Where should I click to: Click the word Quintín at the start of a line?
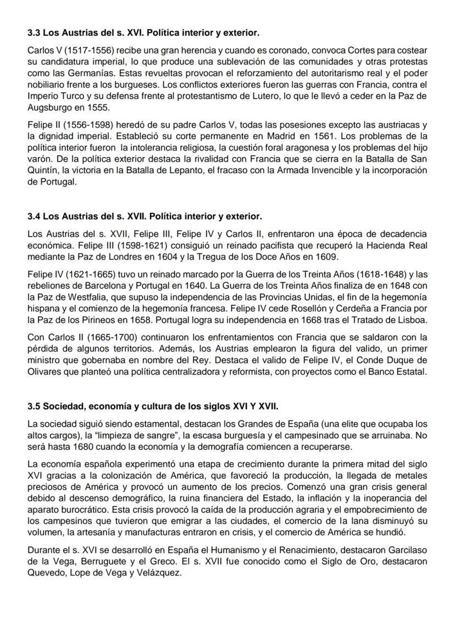click(43, 170)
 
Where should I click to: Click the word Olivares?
click(45, 372)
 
